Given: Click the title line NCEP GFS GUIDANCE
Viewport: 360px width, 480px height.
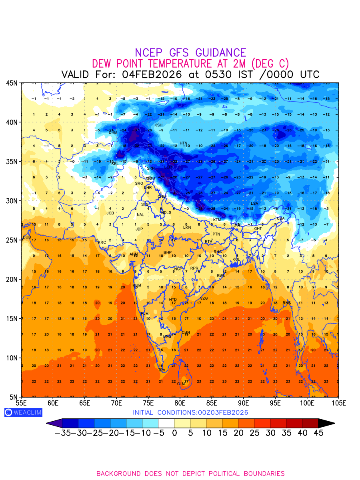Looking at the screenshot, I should tap(190, 53).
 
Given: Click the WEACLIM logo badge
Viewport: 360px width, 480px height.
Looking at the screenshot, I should tap(23, 412).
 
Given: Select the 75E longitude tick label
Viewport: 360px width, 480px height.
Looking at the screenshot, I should tap(148, 403).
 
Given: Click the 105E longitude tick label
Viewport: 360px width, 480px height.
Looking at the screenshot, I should tap(338, 403).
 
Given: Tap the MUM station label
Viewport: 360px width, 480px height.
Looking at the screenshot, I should tap(137, 286).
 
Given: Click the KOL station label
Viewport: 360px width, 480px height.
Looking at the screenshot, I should tap(236, 260).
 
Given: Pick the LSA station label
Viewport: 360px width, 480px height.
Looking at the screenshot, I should tap(254, 204).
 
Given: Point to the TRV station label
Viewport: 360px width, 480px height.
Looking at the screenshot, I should tap(162, 370).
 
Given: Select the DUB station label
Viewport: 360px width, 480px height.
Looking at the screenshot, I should tap(27, 237).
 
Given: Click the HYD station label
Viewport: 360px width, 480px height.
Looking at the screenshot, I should tap(173, 300).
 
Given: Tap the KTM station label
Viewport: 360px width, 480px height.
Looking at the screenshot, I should tap(217, 220).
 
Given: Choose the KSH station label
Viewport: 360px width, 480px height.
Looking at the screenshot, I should tap(158, 125).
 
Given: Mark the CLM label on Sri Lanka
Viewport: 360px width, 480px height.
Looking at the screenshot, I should tap(181, 384).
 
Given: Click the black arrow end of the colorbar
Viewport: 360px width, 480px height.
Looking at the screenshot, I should tap(326, 423).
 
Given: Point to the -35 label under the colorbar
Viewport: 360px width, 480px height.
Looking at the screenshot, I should tap(62, 433).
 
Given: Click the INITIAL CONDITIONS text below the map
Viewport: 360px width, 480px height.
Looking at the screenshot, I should tap(190, 412).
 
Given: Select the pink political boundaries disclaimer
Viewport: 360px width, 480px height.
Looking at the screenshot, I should tap(190, 474).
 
